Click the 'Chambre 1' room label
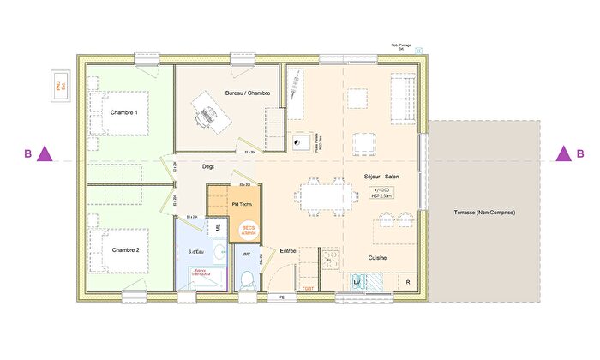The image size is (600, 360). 124,111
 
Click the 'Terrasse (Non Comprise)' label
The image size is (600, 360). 485,212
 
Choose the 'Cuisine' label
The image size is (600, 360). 381,256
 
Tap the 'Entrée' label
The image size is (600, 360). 289,251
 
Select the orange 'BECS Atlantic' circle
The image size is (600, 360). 249,230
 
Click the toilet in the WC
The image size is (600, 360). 247,279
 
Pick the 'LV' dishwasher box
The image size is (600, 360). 357,281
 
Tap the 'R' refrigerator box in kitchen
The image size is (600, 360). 407,281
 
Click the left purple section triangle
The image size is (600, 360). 46,154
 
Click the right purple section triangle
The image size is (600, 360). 563,154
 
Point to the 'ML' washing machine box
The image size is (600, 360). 219,228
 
